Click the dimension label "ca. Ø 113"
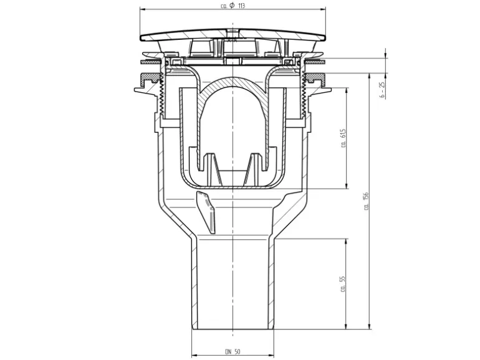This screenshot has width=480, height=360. point(233,6)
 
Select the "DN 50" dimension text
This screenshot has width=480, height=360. point(233,352)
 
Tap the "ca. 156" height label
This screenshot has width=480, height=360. point(366,201)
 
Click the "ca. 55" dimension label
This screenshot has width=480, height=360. point(343,284)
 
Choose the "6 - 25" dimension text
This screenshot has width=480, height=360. point(382,90)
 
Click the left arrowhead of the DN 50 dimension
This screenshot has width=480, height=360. point(194,356)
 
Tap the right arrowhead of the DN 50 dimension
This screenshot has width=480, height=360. point(272,356)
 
